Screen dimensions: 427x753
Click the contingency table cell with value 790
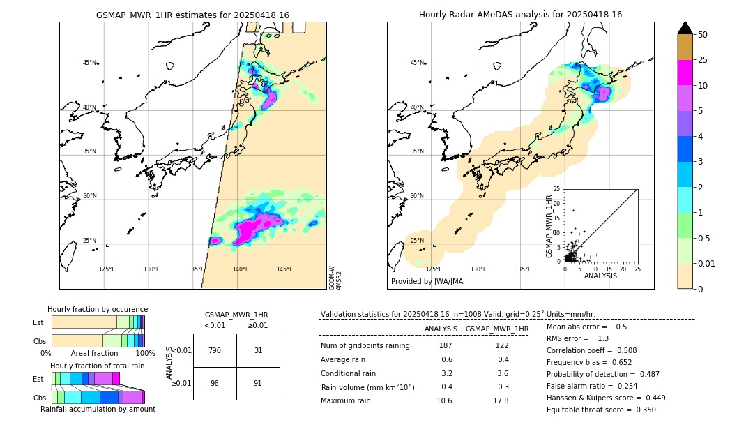[215, 350]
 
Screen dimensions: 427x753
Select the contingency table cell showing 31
[258, 350]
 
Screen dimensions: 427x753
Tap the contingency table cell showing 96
[215, 383]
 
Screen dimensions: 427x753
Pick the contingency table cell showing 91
[258, 383]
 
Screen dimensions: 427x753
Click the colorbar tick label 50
[703, 35]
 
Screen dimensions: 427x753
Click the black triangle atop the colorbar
[685, 28]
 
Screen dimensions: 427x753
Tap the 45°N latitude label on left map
[89, 63]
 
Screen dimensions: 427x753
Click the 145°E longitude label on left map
[284, 269]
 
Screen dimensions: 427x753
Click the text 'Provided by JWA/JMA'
[427, 281]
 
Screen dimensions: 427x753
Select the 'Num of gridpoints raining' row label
[365, 345]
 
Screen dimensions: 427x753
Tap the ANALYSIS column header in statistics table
[441, 329]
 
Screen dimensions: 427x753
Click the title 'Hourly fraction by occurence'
[98, 309]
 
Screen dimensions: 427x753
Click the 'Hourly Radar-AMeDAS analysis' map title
[520, 15]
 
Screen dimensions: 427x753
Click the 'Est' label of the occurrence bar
[38, 322]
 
